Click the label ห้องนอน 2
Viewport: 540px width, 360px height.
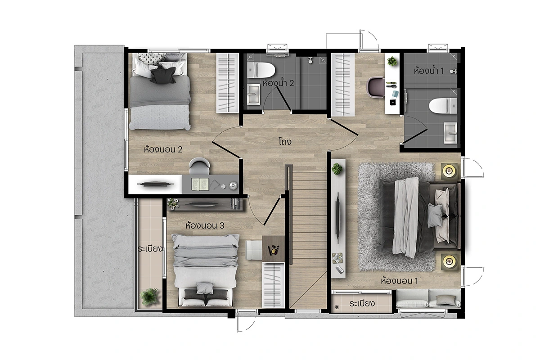point(163,149)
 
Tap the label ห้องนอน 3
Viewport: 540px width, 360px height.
point(205,225)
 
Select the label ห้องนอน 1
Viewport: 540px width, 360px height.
point(399,281)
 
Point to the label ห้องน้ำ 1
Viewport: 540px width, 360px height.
point(428,71)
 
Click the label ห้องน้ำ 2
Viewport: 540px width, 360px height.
point(278,83)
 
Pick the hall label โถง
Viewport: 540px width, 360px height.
point(285,141)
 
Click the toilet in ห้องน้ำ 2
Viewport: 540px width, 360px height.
point(261,70)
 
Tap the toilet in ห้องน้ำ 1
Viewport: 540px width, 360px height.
point(443,106)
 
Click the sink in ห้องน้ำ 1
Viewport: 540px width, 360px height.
point(450,133)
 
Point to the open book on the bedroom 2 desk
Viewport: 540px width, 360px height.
point(200,184)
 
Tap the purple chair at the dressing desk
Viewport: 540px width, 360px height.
point(376,87)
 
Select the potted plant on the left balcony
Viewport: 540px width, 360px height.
point(149,297)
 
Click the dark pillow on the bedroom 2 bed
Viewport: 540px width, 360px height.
point(163,75)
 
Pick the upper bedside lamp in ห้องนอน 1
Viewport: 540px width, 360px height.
point(449,171)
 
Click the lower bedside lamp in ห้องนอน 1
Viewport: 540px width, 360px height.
point(449,261)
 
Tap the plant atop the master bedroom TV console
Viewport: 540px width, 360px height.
point(337,169)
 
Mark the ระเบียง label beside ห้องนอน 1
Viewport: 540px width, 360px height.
point(362,303)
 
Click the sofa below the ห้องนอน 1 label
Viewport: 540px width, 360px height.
point(428,298)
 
